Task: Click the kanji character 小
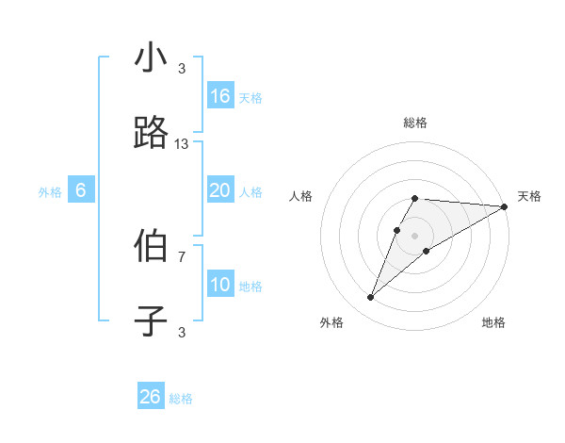[x=151, y=58]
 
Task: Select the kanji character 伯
[x=151, y=245]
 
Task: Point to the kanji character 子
[x=151, y=320]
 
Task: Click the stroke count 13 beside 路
[x=182, y=144]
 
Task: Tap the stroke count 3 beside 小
[x=182, y=69]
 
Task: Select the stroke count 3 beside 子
[x=182, y=332]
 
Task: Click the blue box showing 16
[x=220, y=96]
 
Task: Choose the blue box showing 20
[x=220, y=190]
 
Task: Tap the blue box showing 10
[x=220, y=285]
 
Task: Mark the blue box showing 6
[x=81, y=190]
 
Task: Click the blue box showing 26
[x=151, y=397]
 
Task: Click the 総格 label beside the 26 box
[x=181, y=399]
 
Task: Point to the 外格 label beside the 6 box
[x=50, y=192]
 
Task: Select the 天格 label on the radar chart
[x=529, y=196]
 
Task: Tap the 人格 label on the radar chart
[x=300, y=196]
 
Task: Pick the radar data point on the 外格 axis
[x=370, y=298]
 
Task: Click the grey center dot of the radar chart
[x=415, y=235]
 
